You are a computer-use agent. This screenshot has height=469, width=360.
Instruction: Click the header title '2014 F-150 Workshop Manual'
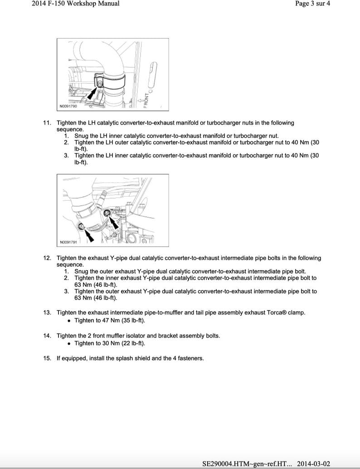pos(76,4)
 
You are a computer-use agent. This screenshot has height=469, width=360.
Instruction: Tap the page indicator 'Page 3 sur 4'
pos(312,4)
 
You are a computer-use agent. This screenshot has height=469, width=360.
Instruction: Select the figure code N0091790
pos(68,107)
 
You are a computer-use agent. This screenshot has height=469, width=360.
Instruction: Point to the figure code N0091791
pos(68,242)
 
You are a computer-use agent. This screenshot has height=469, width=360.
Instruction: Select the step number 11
pos(47,123)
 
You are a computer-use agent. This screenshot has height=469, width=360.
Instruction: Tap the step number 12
pos(47,258)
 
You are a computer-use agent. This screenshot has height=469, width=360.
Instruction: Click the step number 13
pos(47,313)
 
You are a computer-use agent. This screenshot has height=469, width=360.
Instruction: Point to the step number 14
pos(47,336)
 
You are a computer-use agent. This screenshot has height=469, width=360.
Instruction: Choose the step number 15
pos(47,358)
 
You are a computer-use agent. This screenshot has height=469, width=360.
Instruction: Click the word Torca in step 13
pos(268,313)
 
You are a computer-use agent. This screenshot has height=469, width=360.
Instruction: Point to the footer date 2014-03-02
pos(317,464)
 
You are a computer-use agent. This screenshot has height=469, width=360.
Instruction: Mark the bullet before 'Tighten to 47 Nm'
pos(69,321)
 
